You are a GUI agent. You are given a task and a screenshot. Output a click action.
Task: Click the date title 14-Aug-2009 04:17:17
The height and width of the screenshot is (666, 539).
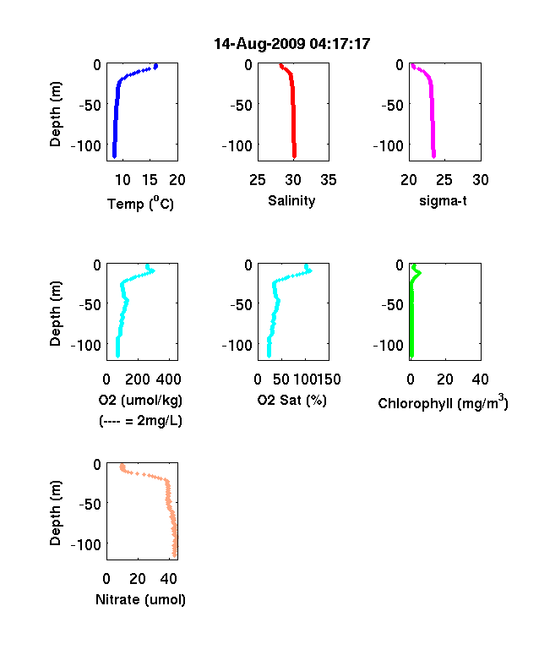tap(292, 44)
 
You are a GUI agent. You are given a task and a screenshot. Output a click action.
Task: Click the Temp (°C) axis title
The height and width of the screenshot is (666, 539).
tap(140, 203)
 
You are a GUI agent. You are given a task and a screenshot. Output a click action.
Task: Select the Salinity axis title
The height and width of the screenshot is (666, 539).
tap(291, 200)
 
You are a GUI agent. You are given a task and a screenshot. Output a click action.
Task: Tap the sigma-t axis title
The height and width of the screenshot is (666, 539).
tap(443, 200)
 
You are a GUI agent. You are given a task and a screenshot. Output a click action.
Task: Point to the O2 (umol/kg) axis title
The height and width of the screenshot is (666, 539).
tap(140, 400)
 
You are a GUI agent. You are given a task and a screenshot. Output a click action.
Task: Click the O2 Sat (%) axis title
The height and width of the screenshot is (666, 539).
tap(292, 400)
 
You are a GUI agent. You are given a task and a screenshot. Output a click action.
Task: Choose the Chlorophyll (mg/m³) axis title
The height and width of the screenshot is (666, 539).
tap(443, 402)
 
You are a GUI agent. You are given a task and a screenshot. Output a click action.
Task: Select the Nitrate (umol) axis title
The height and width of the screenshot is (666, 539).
tap(140, 599)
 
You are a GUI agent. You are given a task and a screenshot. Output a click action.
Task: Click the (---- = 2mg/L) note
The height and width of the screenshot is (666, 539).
tap(140, 421)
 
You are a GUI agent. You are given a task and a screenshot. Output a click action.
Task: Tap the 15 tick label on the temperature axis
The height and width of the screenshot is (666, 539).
tap(150, 180)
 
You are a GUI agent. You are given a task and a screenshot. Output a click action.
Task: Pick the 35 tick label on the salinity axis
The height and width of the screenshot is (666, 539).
tap(329, 180)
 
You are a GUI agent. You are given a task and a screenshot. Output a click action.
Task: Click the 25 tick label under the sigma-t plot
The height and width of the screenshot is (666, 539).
tap(444, 180)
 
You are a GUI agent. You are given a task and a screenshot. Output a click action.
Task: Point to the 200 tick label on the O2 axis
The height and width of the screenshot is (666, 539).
tap(138, 379)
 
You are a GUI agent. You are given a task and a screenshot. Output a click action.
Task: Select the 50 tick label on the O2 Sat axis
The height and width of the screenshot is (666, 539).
tap(281, 379)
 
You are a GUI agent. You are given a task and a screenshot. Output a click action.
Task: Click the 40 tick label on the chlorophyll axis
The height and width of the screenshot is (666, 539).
tap(480, 379)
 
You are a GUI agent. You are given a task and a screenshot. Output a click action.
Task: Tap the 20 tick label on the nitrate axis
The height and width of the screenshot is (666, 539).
tap(138, 578)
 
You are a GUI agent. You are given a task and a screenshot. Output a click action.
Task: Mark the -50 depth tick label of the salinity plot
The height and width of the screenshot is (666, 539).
tap(241, 105)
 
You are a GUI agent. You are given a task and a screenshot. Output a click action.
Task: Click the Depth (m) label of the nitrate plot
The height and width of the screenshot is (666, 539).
tap(55, 513)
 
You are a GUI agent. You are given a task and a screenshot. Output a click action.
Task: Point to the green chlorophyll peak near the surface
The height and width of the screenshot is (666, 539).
tap(420, 273)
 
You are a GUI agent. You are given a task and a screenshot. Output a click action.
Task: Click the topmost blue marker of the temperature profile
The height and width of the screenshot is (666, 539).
tap(156, 66)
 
